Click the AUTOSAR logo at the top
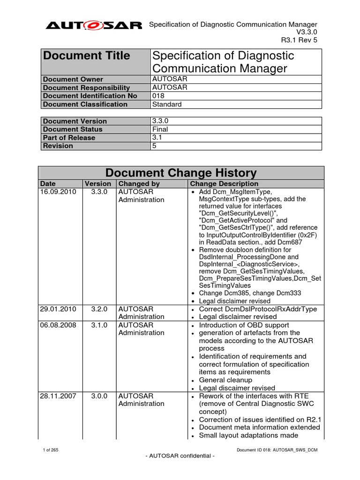click(94, 26)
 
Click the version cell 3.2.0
click(98, 309)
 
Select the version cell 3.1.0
click(98, 325)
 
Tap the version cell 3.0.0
click(98, 396)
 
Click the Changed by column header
click(139, 184)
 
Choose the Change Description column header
click(225, 184)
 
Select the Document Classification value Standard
click(167, 104)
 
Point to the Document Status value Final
click(160, 129)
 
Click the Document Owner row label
click(73, 79)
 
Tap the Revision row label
click(58, 146)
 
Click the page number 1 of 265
click(50, 450)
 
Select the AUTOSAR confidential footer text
click(180, 457)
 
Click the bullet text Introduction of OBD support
click(244, 325)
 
